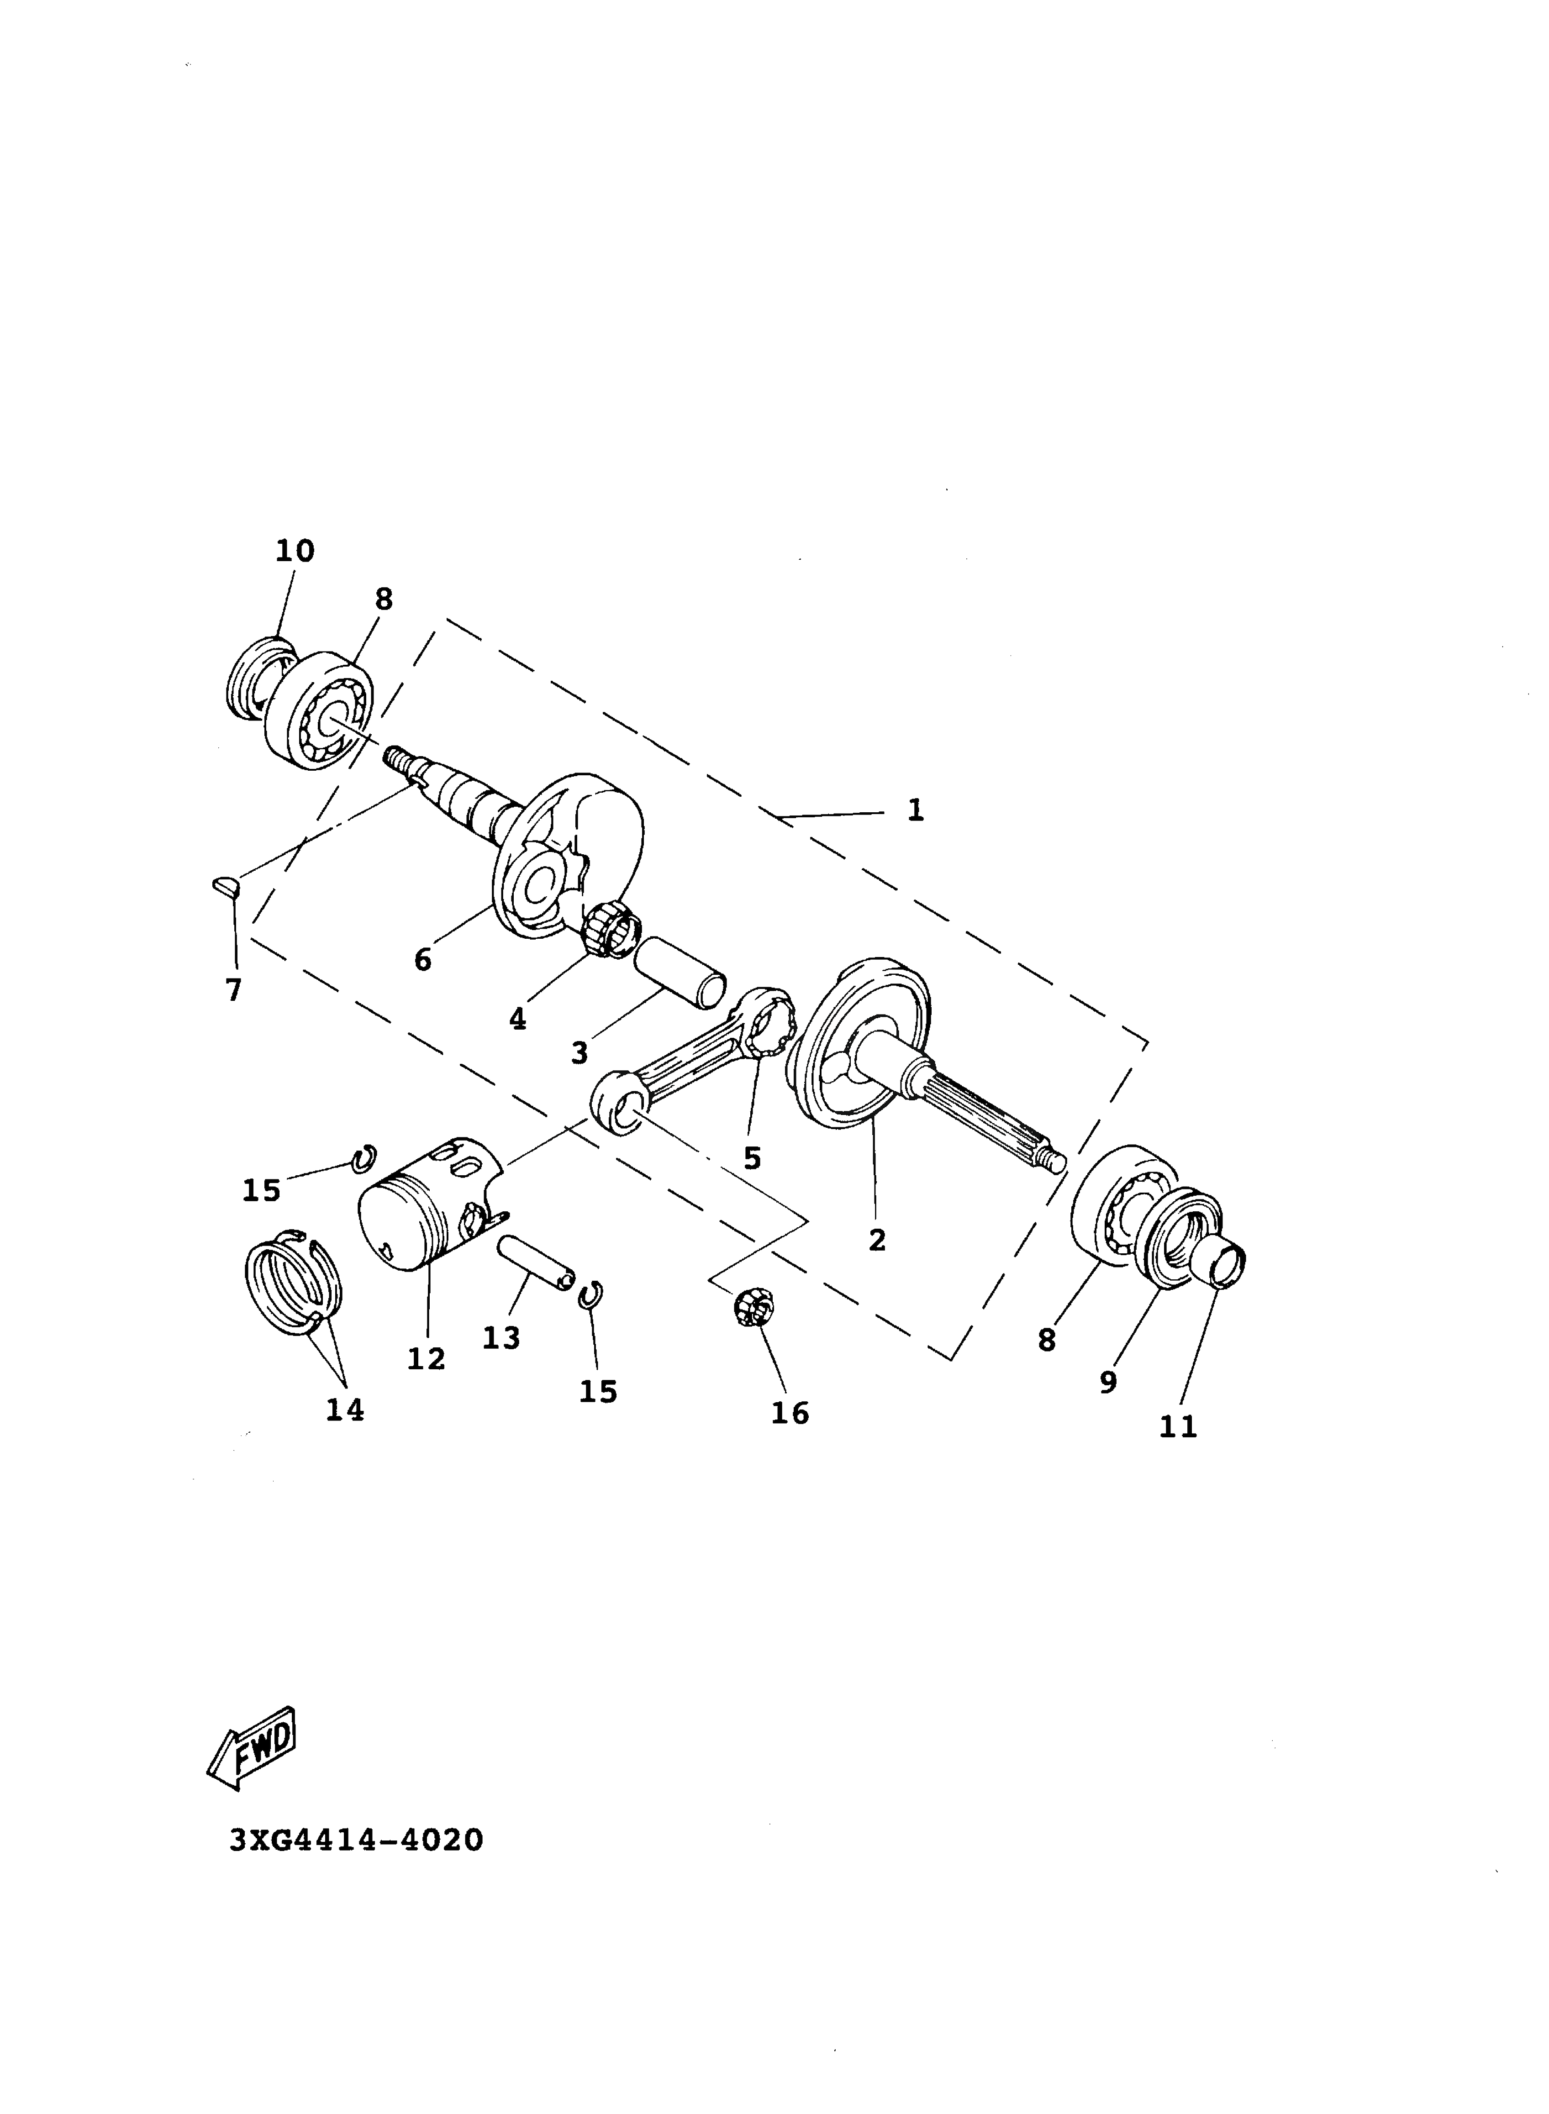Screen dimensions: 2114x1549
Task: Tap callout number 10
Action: [x=295, y=551]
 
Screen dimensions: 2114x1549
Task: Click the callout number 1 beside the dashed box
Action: [x=915, y=809]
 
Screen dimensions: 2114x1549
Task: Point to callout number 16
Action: [x=790, y=1413]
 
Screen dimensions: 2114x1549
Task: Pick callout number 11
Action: [x=1179, y=1427]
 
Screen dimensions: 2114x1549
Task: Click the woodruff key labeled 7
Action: [x=227, y=885]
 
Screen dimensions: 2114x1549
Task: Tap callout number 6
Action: [x=423, y=960]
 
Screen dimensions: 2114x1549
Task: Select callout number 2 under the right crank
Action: [x=877, y=1240]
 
